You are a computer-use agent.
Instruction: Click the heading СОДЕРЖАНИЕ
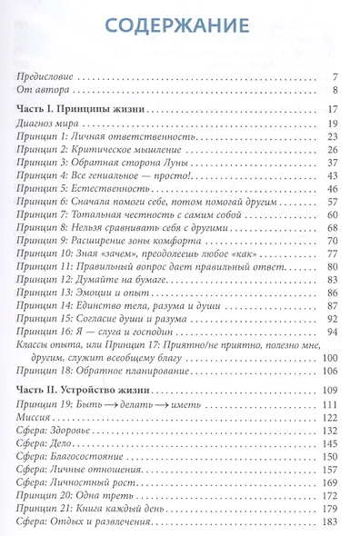click(x=179, y=26)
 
